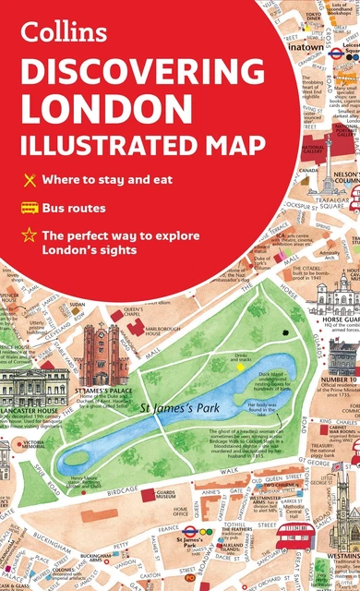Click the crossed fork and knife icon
(x=30, y=178)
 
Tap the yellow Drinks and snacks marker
(x=241, y=367)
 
